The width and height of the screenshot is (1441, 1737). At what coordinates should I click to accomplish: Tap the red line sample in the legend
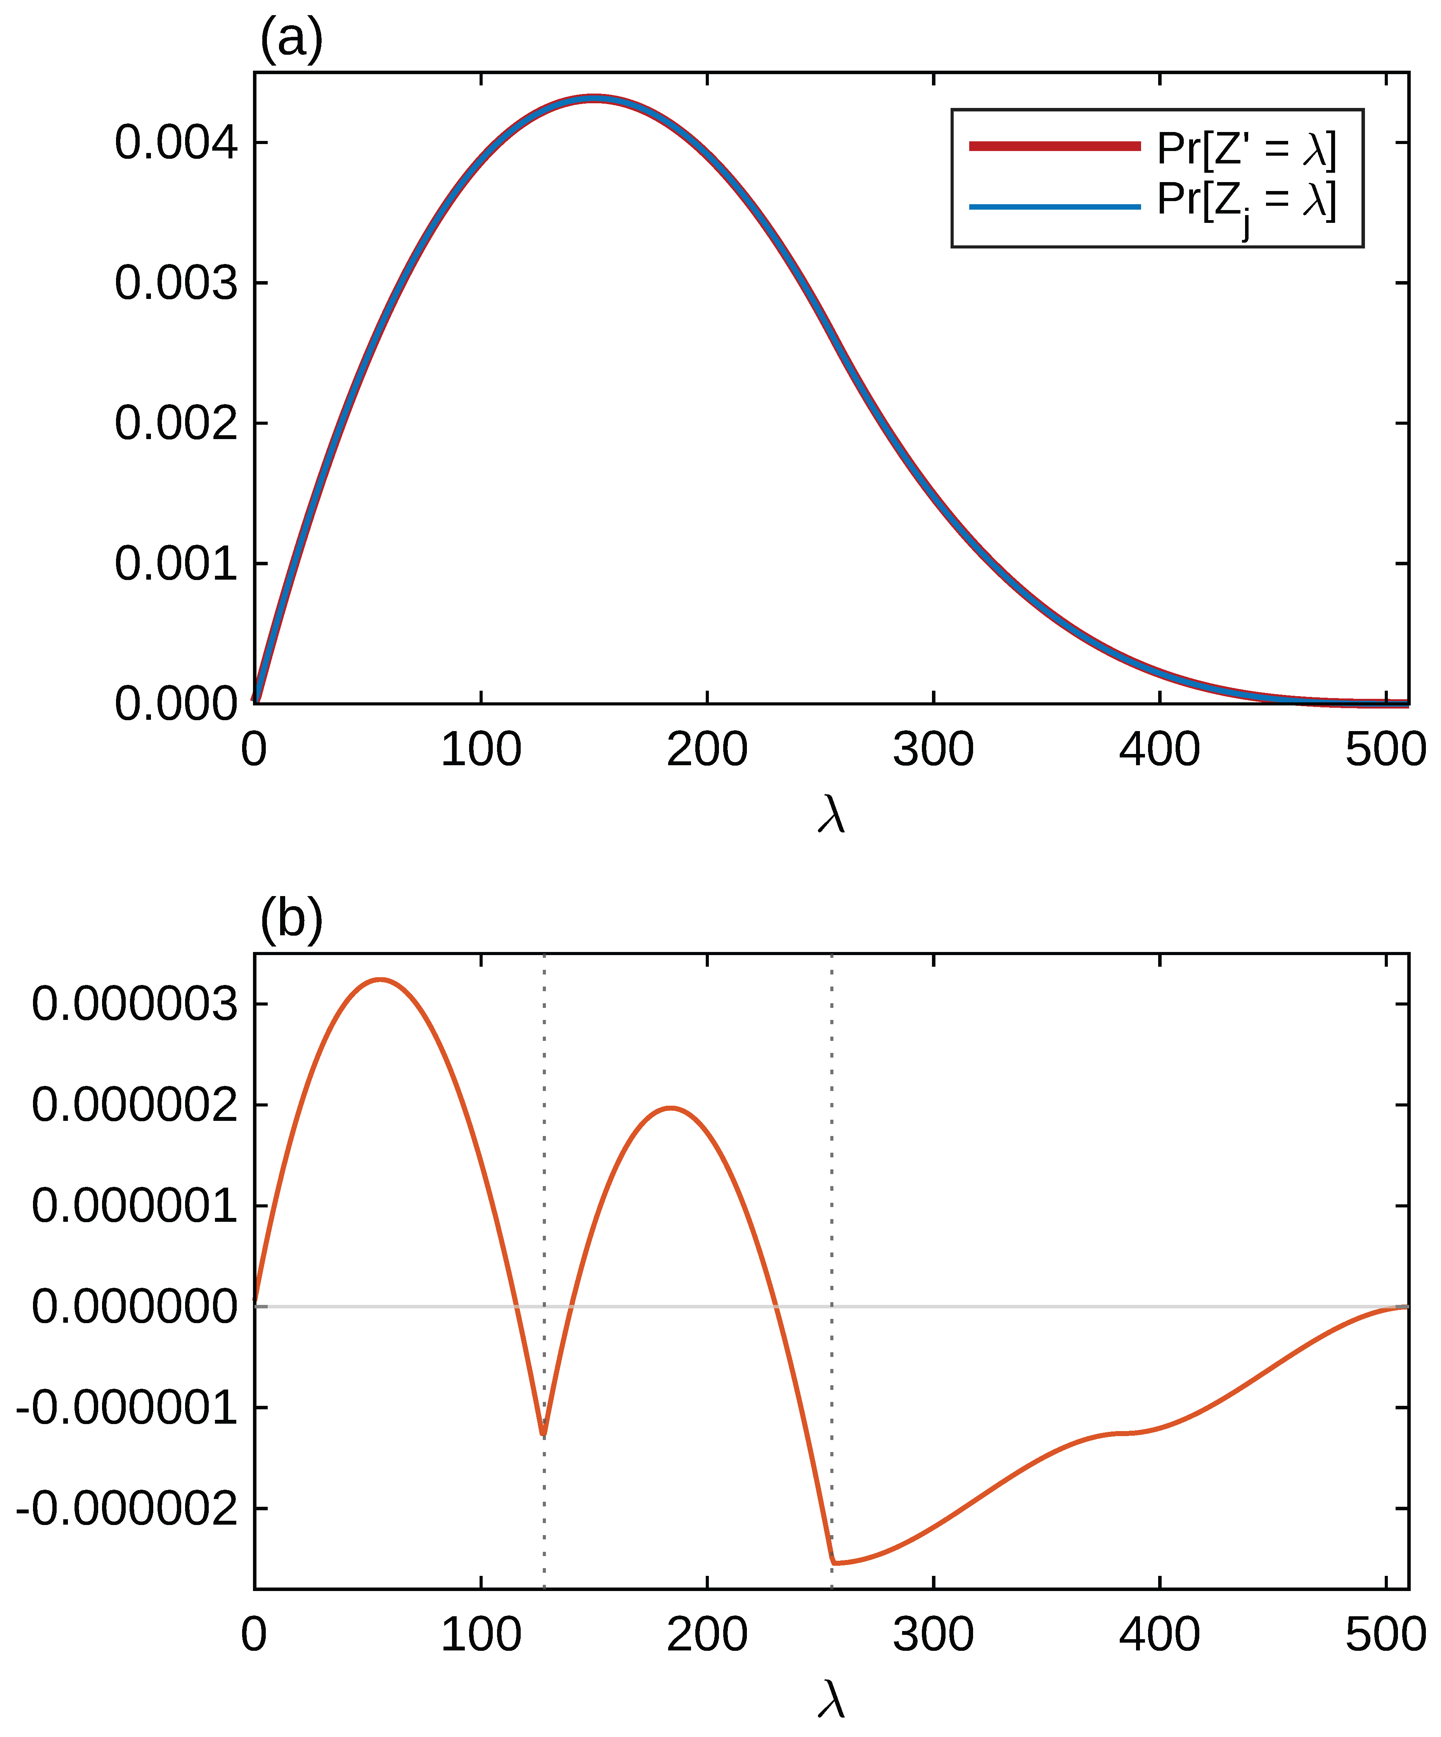pos(1055,146)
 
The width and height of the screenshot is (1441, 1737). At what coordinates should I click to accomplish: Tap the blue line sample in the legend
pos(1055,206)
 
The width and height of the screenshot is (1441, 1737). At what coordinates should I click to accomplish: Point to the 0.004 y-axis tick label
pos(176,142)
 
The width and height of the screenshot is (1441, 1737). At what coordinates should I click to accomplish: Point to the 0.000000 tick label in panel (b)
pos(135,1307)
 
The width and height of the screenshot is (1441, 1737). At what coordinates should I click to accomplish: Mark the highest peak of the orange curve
pos(379,979)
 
